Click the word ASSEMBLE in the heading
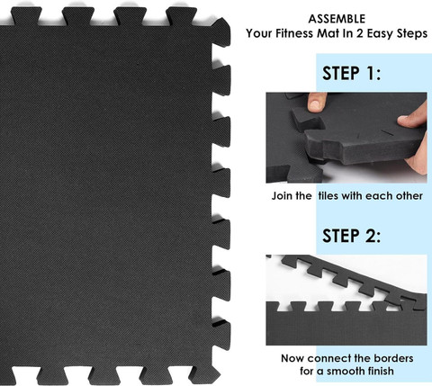[337, 19]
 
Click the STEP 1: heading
[351, 73]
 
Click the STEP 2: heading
[351, 236]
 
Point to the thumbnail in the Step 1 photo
[315, 104]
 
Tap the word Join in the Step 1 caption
[282, 196]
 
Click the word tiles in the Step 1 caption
[328, 196]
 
